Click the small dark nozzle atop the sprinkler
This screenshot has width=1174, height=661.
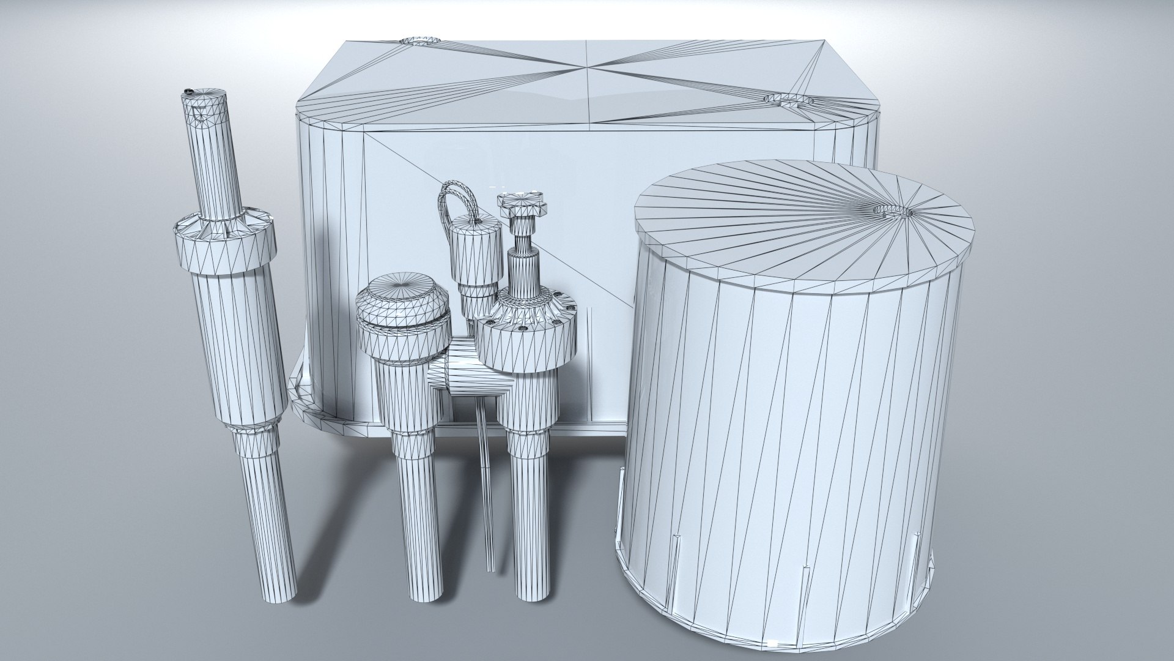(x=189, y=92)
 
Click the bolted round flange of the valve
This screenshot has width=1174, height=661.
(x=526, y=340)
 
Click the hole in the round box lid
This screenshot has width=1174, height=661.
(x=893, y=211)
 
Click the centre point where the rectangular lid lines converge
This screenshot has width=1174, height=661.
(x=587, y=67)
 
